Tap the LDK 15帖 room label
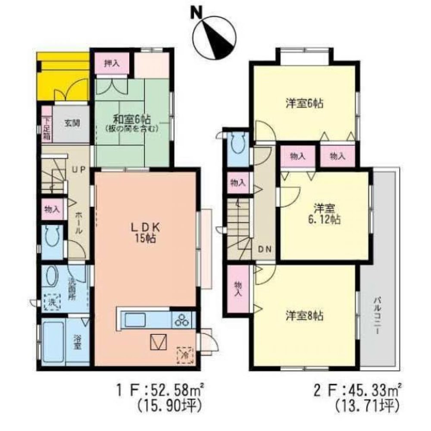pyautogui.click(x=147, y=232)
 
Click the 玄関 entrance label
pyautogui.click(x=72, y=123)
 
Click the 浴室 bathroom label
pyautogui.click(x=76, y=342)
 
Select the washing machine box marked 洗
pyautogui.click(x=52, y=301)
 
